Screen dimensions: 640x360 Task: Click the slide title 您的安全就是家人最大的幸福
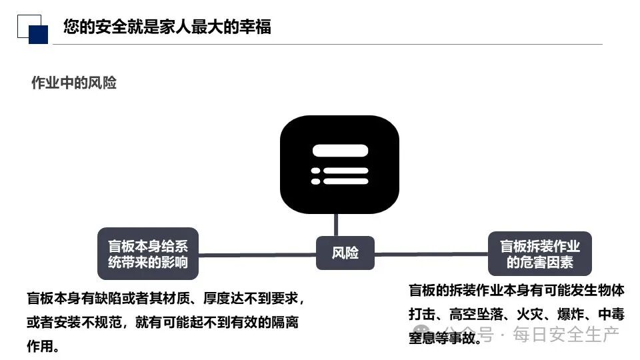coord(167,27)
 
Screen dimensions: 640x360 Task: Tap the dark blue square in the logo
coord(39,35)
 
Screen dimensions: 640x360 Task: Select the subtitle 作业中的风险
coord(74,83)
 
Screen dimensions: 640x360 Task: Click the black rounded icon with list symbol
coord(339,165)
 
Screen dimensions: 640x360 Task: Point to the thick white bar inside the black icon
coord(340,151)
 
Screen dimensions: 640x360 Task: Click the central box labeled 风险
coord(345,253)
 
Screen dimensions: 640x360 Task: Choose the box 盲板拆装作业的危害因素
coord(539,253)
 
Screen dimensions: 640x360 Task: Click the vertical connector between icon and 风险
coord(336,225)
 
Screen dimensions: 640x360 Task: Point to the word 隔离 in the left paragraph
coord(284,323)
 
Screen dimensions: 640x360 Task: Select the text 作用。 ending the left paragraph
coord(43,347)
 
